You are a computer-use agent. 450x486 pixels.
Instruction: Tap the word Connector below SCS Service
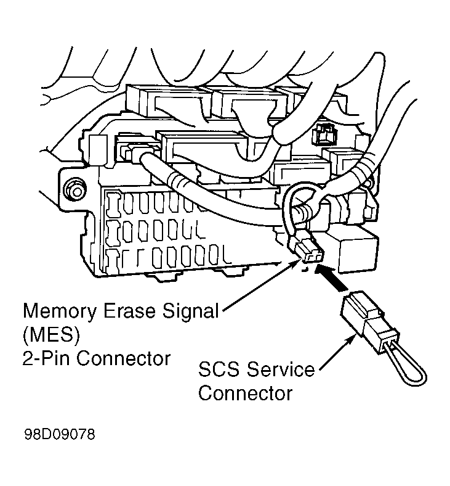coord(244,393)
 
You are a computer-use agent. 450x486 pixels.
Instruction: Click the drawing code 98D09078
coord(60,435)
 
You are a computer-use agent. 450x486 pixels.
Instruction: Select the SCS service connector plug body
coord(366,317)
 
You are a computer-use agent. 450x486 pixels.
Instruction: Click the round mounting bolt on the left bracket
coord(76,189)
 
